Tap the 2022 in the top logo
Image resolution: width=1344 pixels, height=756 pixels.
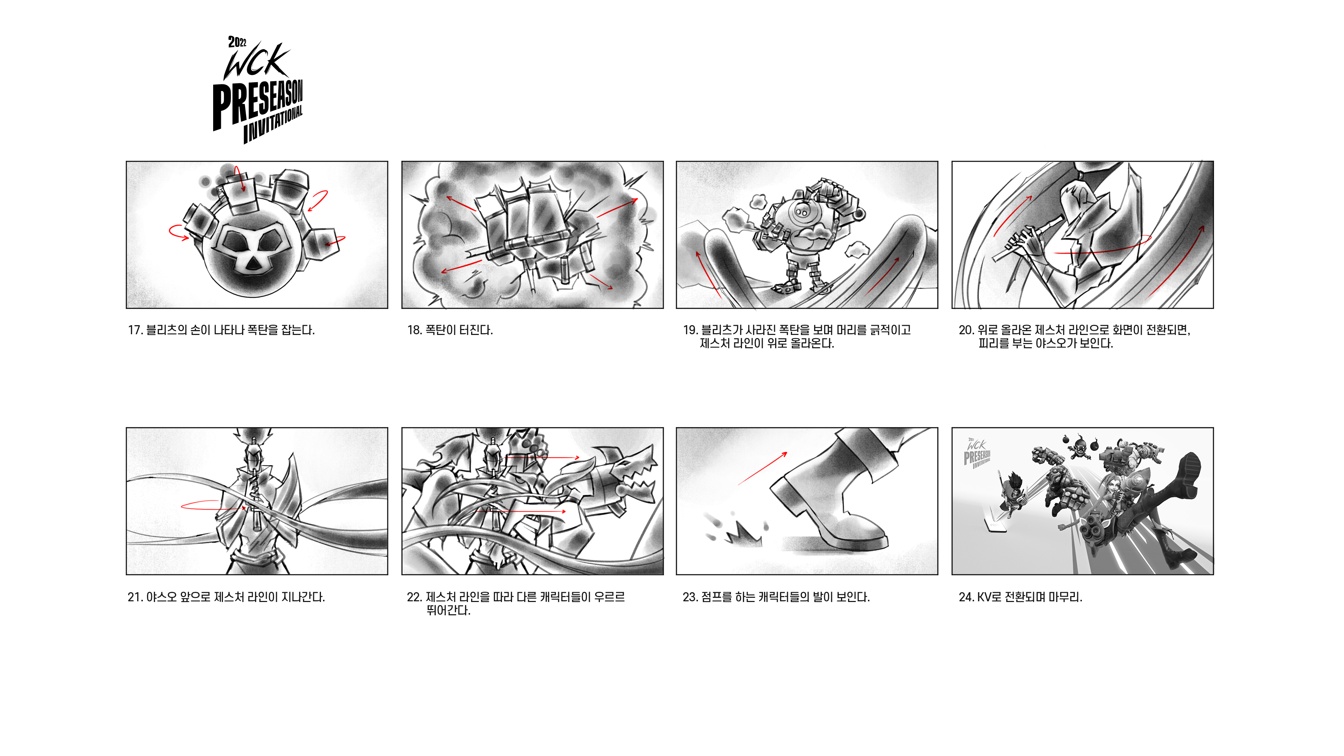pyautogui.click(x=237, y=42)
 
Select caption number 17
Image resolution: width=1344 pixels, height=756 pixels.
pyautogui.click(x=135, y=330)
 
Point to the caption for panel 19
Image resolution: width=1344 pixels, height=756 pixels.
pyautogui.click(x=797, y=336)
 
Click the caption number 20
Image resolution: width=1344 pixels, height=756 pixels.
pyautogui.click(x=966, y=330)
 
